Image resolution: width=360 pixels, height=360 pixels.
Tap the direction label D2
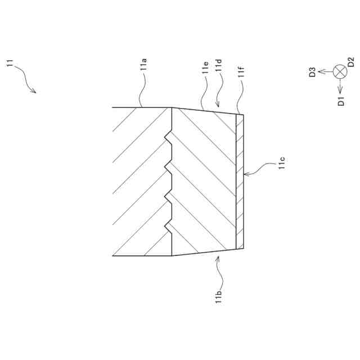point(350,62)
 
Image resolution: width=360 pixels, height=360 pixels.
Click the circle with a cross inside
point(340,71)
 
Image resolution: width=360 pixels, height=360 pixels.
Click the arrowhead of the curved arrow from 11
point(35,93)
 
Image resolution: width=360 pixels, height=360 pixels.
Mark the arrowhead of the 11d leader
point(216,106)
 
